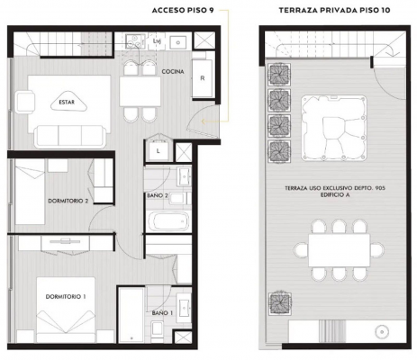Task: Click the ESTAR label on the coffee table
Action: (67, 103)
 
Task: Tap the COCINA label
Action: (173, 72)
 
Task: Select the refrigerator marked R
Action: (203, 78)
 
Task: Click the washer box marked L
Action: (159, 151)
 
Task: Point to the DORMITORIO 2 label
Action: (68, 201)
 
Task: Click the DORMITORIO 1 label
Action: (66, 297)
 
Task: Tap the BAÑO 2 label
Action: (158, 195)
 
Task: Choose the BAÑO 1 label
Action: (162, 313)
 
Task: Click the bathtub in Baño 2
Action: (168, 221)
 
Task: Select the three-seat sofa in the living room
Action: (70, 137)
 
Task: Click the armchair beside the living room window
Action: (24, 102)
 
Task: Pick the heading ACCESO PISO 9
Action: (183, 11)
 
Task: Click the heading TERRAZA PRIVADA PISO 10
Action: (334, 11)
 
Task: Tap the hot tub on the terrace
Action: (334, 129)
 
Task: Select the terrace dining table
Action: (340, 250)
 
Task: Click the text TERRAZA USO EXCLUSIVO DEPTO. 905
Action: (335, 188)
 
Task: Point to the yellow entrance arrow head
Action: (204, 121)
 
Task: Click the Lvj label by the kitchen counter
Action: (157, 41)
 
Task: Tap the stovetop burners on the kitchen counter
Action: (133, 41)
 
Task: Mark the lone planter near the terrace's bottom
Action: (280, 303)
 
